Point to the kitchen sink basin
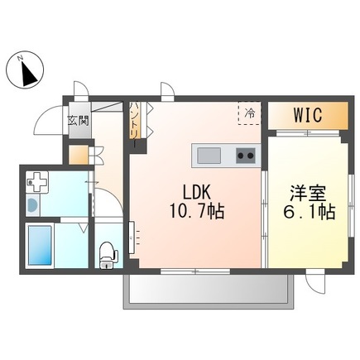pos(207,155)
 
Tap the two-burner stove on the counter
pos(245,155)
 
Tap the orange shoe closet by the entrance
pos(77,155)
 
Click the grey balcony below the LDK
pos(208,290)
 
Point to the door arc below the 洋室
pos(316,283)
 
